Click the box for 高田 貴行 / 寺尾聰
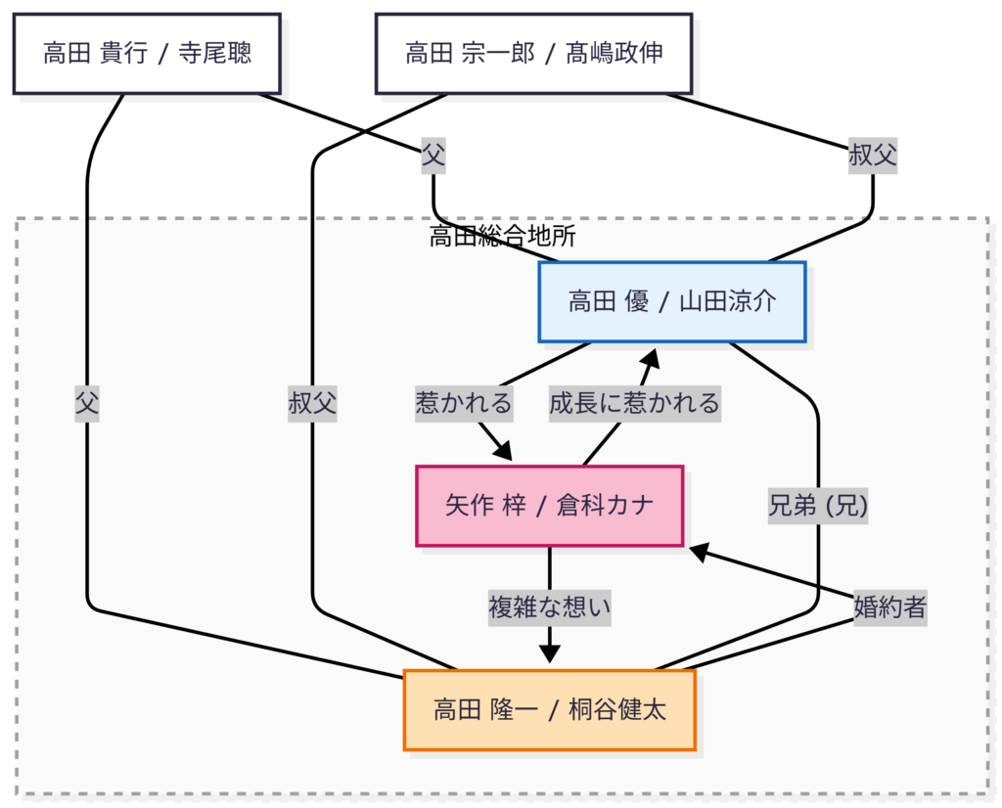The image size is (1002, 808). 147,53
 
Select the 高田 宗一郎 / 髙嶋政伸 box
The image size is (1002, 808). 534,53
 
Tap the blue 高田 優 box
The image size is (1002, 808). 671,301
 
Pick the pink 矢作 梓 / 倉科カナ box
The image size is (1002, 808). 549,505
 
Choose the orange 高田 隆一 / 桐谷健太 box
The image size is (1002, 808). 549,709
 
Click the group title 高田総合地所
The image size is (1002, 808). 502,236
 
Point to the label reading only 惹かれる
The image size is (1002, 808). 464,402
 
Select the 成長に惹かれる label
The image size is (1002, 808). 634,402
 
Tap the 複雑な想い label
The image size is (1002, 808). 549,607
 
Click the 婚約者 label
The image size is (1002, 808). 889,607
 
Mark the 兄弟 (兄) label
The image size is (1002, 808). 818,505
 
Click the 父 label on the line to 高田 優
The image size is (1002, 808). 433,155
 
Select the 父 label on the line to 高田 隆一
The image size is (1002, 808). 87,402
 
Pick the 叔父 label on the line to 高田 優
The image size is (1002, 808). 873,155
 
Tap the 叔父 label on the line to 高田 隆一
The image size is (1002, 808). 312,402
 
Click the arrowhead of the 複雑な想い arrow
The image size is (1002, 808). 549,654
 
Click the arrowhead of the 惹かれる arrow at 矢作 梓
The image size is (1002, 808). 503,451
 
